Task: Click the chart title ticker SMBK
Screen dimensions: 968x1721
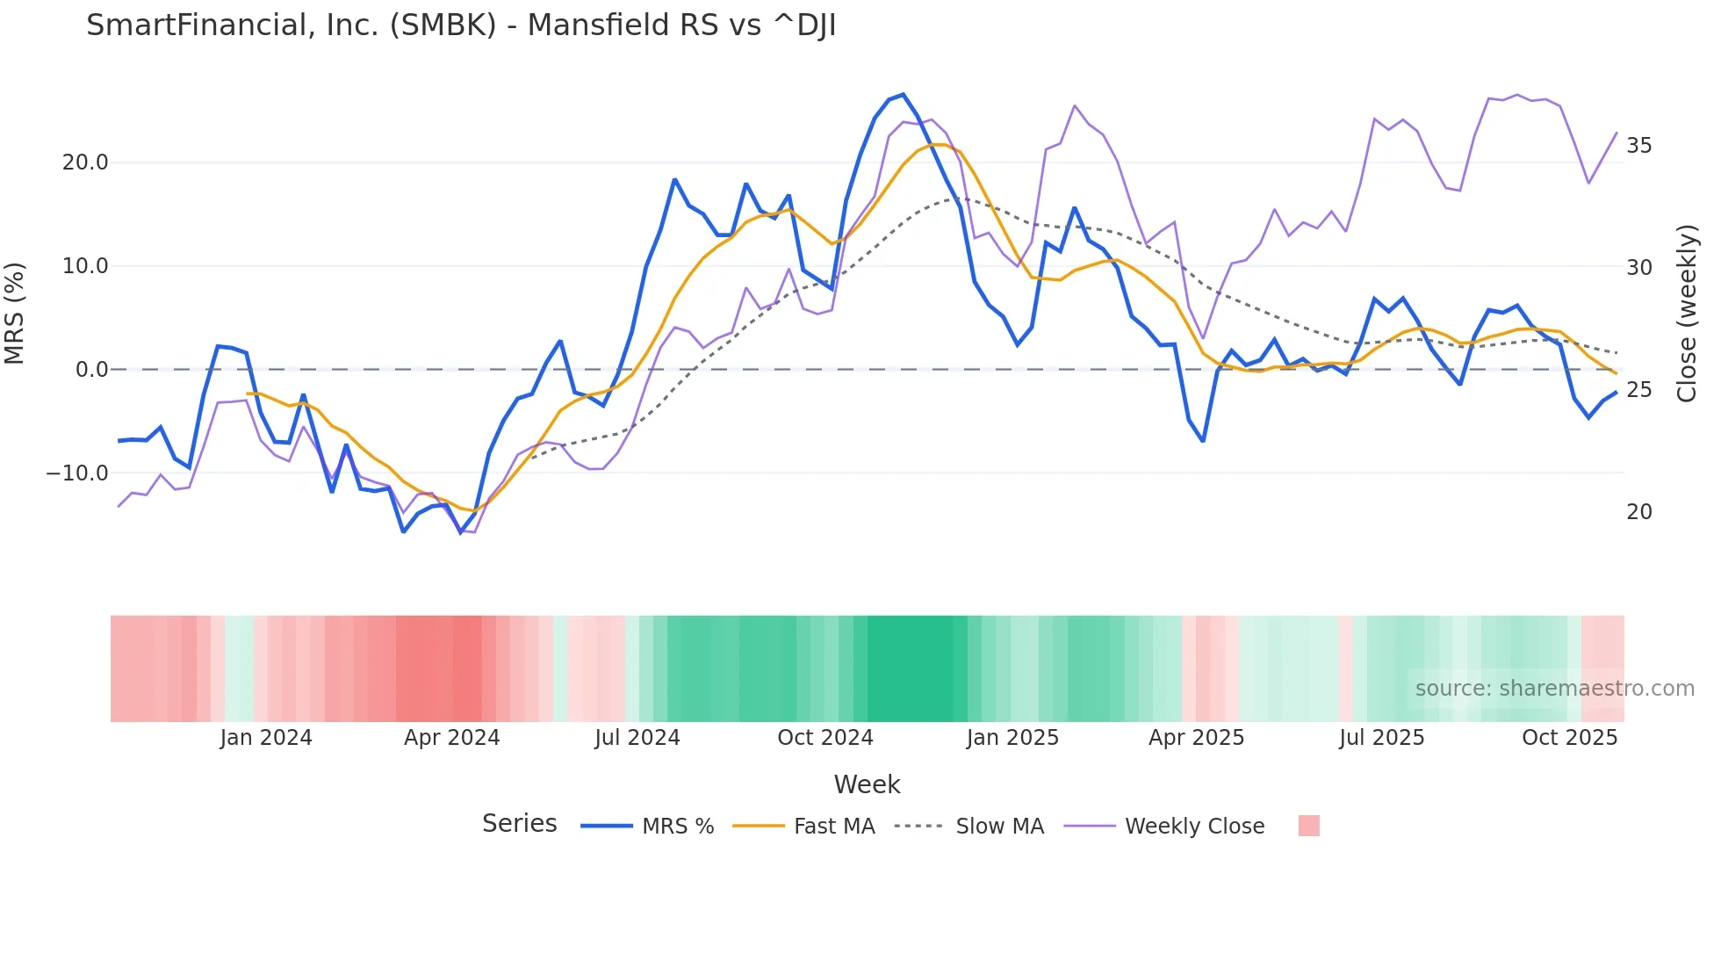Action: point(443,25)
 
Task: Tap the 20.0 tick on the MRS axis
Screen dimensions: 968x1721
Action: point(85,163)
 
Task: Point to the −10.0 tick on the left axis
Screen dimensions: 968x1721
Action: point(77,473)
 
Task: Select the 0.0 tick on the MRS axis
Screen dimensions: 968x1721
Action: point(92,370)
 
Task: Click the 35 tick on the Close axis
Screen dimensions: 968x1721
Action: point(1638,146)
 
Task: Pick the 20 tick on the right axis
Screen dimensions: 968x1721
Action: point(1638,512)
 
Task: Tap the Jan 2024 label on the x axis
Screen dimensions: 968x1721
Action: point(266,738)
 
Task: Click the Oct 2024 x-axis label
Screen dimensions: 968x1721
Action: point(824,738)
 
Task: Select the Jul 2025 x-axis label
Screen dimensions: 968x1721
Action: point(1381,738)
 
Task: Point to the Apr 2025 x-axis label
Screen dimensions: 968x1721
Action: point(1196,738)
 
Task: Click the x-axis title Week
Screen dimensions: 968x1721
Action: point(867,784)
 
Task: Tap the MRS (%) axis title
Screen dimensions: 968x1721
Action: point(15,314)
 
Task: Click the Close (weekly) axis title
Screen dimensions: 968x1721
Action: point(1686,314)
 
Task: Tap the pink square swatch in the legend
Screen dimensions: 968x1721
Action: point(1308,826)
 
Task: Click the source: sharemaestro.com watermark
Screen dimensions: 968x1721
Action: point(1554,689)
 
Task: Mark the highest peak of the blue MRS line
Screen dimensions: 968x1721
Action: point(903,95)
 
